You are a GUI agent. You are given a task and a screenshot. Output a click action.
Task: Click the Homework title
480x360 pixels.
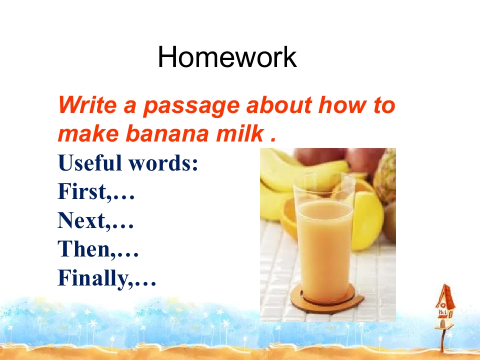[227, 57]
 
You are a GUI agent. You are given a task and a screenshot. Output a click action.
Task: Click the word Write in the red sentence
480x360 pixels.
[87, 104]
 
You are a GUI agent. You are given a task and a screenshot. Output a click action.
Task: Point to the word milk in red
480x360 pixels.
[240, 133]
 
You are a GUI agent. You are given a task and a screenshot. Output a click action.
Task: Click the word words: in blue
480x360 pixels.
[163, 163]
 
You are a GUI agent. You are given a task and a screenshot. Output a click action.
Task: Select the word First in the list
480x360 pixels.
[81, 191]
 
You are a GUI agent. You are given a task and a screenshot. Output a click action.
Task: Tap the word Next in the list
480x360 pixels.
[81, 220]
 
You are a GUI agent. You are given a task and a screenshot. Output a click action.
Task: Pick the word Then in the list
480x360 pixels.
[84, 248]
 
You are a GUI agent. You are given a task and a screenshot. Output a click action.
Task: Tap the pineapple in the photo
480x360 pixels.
[385, 177]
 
